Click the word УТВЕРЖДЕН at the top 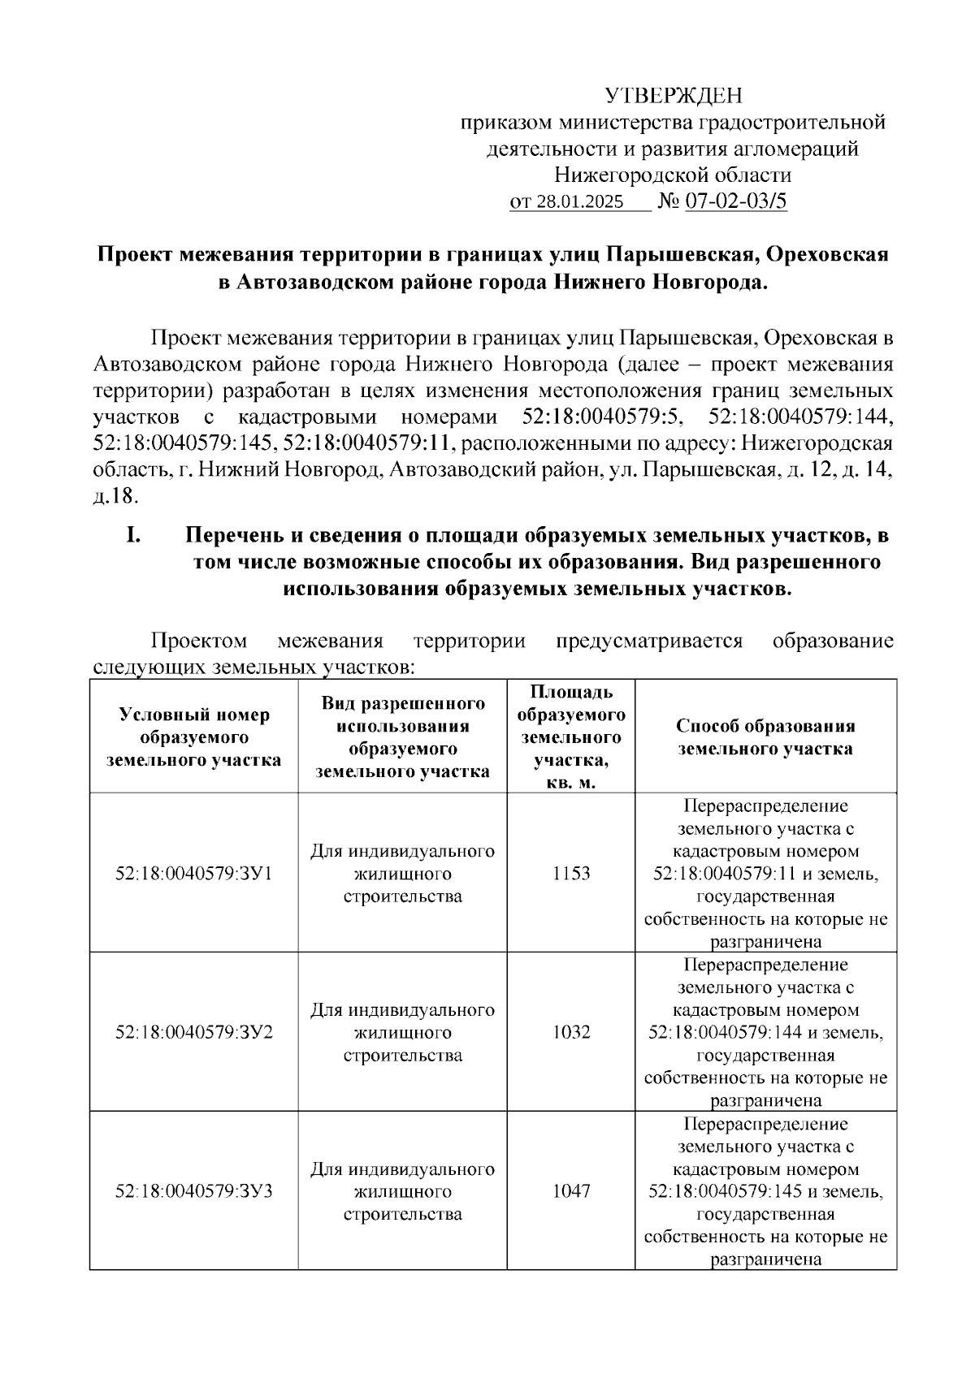(x=674, y=97)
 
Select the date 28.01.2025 (x=578, y=202)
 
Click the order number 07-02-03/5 (x=737, y=201)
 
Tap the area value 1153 (x=571, y=874)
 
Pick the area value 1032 (x=571, y=1032)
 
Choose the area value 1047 (x=571, y=1191)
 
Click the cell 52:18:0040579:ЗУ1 (x=194, y=874)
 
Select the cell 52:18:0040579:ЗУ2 (x=194, y=1032)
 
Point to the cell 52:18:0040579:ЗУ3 (x=194, y=1191)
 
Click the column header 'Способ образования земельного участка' (x=765, y=737)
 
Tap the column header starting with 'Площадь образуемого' (x=571, y=737)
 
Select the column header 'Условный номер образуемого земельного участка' (x=194, y=737)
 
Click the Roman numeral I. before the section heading (x=134, y=535)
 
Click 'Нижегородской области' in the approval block (x=673, y=175)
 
